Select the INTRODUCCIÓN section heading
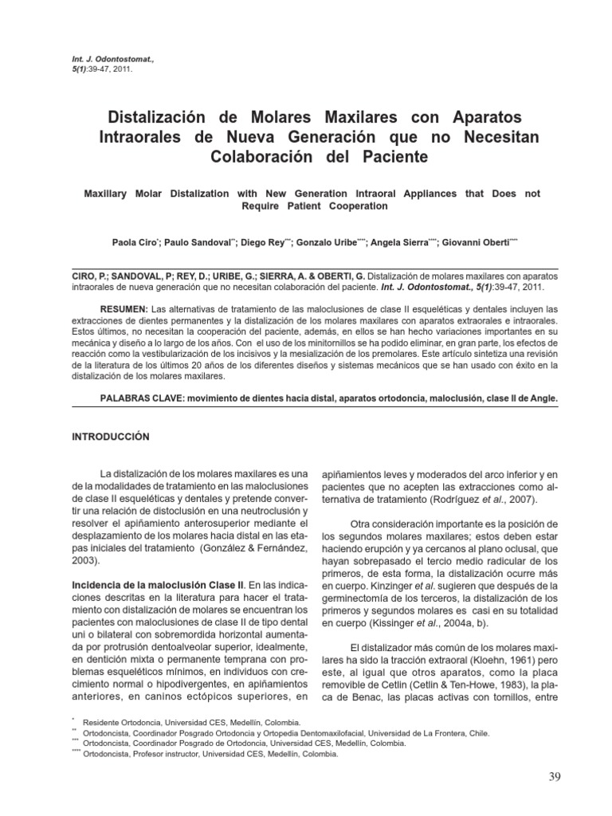(x=112, y=437)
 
